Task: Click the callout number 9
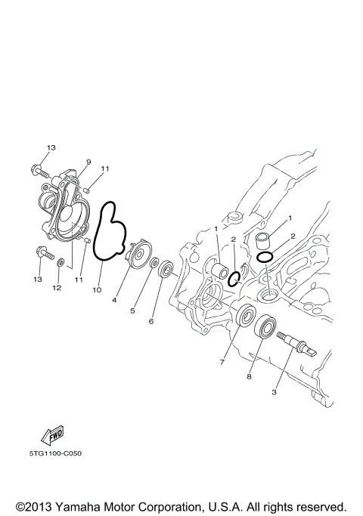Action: click(88, 162)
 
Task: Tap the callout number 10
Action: click(96, 289)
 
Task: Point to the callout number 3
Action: click(275, 392)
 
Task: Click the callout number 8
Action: click(248, 375)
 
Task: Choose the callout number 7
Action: click(222, 363)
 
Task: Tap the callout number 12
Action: click(56, 288)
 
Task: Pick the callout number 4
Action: click(115, 300)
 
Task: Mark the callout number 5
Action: click(133, 311)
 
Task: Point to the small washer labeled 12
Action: click(61, 263)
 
